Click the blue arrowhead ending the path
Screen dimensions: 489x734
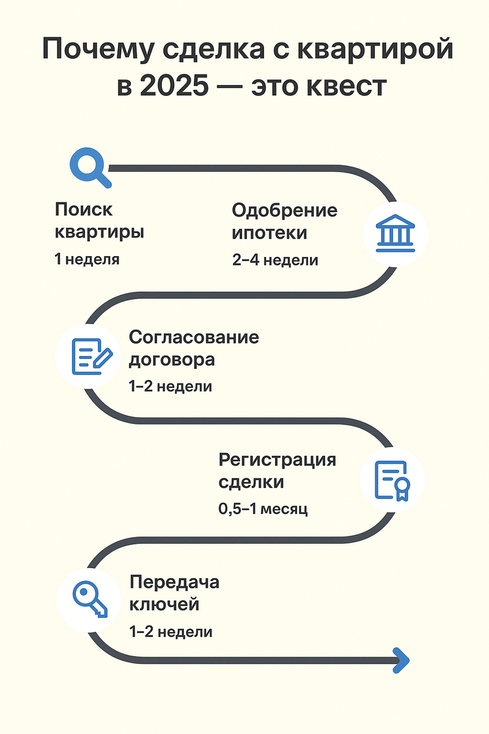[402, 660]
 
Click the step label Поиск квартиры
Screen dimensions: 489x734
[100, 221]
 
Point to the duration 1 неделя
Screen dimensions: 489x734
[87, 259]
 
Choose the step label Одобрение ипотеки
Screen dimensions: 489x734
[284, 221]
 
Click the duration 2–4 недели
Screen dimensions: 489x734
[275, 260]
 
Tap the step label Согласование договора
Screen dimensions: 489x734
[194, 348]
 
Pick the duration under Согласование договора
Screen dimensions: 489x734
[171, 387]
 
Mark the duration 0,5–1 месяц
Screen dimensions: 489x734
[263, 508]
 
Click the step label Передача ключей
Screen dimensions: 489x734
[174, 593]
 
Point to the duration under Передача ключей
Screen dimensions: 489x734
[171, 632]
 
